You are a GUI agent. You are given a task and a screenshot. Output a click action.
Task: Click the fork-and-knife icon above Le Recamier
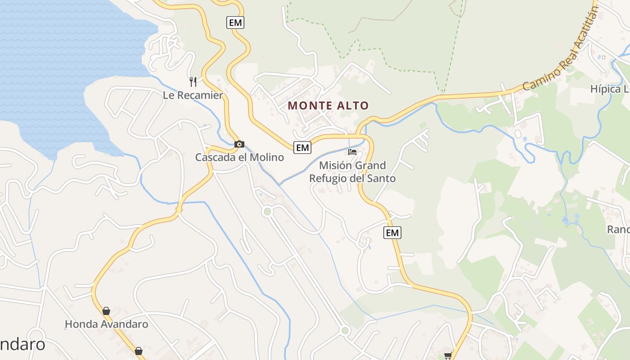193,81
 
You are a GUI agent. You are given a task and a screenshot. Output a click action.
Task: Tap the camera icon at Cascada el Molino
239,144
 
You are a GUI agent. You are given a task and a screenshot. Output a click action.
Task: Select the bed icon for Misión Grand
352,152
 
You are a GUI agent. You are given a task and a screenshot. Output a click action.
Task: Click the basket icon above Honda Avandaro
106,311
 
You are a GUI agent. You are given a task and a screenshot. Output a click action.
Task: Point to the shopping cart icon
448,356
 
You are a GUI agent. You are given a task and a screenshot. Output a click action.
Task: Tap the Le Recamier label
193,95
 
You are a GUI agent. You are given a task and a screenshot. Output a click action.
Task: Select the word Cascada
214,157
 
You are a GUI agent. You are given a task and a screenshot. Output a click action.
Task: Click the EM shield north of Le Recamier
235,22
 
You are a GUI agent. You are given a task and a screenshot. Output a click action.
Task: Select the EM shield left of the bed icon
302,147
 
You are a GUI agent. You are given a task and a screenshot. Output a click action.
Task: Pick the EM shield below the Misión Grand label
392,233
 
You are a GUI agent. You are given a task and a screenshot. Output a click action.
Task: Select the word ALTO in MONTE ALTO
352,106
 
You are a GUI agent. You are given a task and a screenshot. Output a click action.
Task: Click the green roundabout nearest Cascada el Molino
267,211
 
